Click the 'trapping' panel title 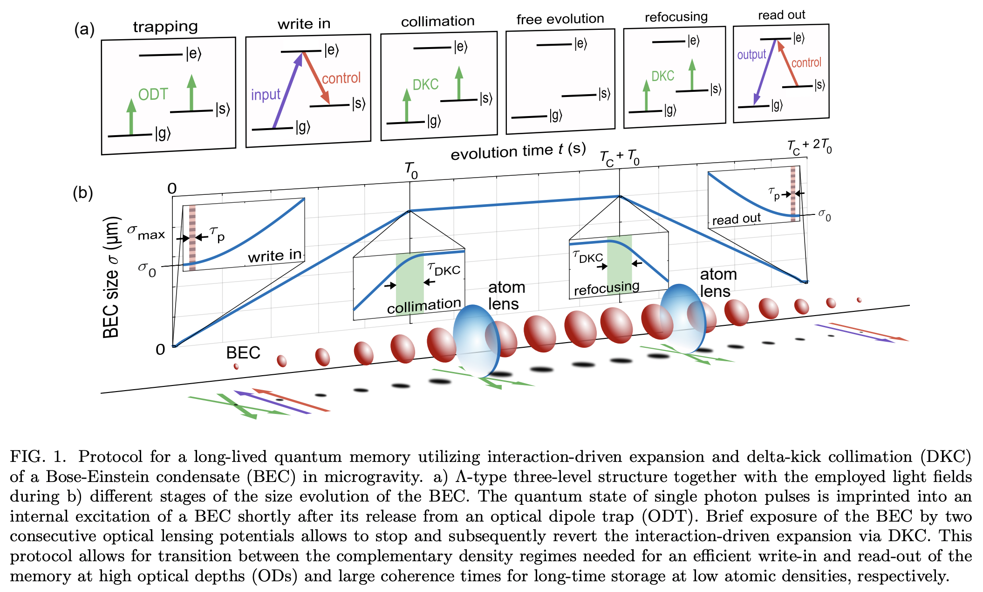(x=165, y=27)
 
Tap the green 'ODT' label (x=153, y=95)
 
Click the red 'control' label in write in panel (x=341, y=78)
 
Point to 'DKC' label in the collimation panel (x=425, y=84)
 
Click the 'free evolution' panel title (x=560, y=19)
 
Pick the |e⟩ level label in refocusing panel (x=694, y=41)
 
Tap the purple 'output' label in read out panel (x=751, y=55)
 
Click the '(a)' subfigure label (x=84, y=29)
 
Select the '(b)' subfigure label (x=83, y=193)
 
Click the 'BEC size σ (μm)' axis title (x=112, y=277)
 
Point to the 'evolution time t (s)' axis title (x=518, y=151)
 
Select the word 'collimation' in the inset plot (x=424, y=306)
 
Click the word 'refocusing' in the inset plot (x=607, y=288)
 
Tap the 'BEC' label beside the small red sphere (x=243, y=353)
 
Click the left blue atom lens (x=476, y=340)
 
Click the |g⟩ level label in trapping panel (x=163, y=134)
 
